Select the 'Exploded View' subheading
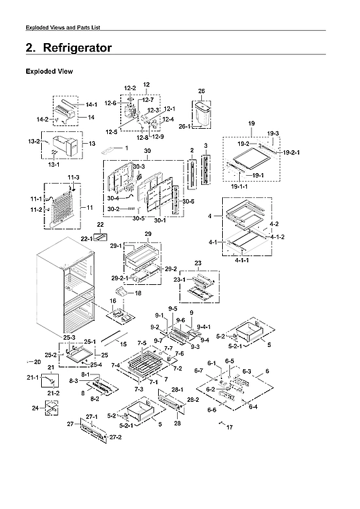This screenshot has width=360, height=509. click(x=48, y=71)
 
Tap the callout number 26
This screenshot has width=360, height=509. click(x=201, y=91)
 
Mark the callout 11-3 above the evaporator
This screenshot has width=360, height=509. click(x=73, y=177)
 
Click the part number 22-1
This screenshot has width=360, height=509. click(x=86, y=240)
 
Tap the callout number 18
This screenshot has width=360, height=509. click(x=138, y=294)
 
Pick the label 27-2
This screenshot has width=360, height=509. click(x=116, y=436)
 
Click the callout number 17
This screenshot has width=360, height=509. click(x=229, y=427)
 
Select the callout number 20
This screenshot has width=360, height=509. click(x=36, y=361)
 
